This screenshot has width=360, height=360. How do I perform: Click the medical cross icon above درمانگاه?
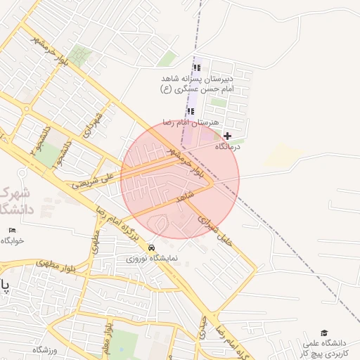227,135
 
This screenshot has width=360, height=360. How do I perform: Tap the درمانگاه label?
227,146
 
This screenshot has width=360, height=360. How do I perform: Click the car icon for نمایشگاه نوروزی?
152,247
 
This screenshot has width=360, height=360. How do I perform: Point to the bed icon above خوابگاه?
12,230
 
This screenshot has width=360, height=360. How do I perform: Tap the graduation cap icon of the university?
324,333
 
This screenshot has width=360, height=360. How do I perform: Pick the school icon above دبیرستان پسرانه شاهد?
197,68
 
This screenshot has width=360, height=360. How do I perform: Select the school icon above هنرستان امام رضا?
191,111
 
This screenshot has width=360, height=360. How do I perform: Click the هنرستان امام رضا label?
187,122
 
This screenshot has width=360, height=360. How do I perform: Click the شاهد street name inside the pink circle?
184,198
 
